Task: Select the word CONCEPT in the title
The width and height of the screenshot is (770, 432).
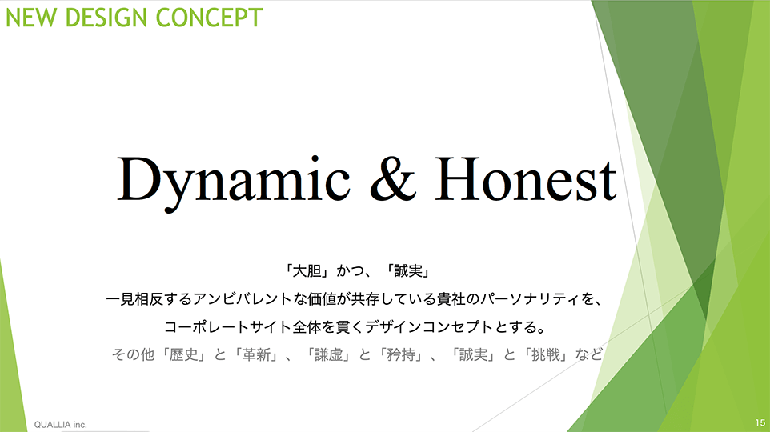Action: [210, 18]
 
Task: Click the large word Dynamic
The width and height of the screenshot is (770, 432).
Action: [234, 182]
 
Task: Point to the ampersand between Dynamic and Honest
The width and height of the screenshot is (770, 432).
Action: [393, 178]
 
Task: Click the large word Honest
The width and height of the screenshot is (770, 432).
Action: [526, 178]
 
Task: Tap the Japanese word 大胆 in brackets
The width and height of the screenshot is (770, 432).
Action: [307, 270]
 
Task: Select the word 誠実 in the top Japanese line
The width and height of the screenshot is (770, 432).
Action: [408, 270]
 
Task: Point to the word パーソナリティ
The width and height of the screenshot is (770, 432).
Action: [531, 299]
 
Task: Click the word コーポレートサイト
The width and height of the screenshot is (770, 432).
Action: [228, 327]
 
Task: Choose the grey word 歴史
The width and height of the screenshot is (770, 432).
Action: [183, 354]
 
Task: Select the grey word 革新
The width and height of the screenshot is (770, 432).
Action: [256, 354]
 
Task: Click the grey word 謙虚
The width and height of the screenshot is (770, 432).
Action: [328, 354]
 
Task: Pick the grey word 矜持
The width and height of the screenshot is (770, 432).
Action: [401, 354]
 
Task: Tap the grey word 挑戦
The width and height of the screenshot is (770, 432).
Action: [546, 354]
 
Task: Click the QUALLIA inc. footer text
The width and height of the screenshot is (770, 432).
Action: [60, 425]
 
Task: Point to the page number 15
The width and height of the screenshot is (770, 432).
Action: [760, 422]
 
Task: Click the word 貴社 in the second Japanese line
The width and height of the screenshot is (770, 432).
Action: [451, 299]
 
